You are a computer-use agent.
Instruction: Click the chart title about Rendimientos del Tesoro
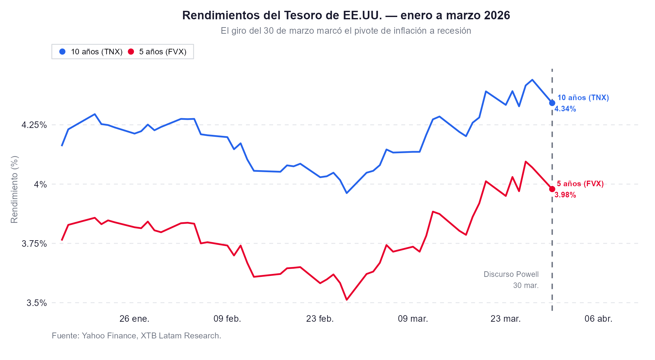[x=346, y=15]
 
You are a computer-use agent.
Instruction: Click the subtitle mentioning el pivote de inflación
[x=346, y=31]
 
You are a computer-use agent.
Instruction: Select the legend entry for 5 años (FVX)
[x=158, y=52]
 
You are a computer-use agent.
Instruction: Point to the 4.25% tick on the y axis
[x=34, y=125]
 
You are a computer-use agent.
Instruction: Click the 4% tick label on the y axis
[x=41, y=185]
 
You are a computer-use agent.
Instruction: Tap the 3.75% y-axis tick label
[x=34, y=244]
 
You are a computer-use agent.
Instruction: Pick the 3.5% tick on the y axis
[x=37, y=303]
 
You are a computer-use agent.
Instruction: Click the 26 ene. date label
[x=134, y=319]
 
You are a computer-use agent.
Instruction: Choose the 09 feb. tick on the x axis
[x=227, y=319]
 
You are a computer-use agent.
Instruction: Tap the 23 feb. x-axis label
[x=320, y=319]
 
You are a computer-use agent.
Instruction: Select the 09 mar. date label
[x=413, y=319]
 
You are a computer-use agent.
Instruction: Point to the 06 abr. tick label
[x=598, y=319]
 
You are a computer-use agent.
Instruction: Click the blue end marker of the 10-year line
[x=552, y=103]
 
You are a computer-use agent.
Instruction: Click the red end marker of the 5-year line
[x=552, y=189]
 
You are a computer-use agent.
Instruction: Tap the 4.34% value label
[x=565, y=109]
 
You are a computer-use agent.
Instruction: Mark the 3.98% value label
[x=565, y=195]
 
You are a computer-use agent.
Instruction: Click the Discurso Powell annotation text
[x=511, y=275]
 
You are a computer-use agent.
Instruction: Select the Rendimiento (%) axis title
[x=14, y=190]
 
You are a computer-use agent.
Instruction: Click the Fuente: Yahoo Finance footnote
[x=136, y=336]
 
